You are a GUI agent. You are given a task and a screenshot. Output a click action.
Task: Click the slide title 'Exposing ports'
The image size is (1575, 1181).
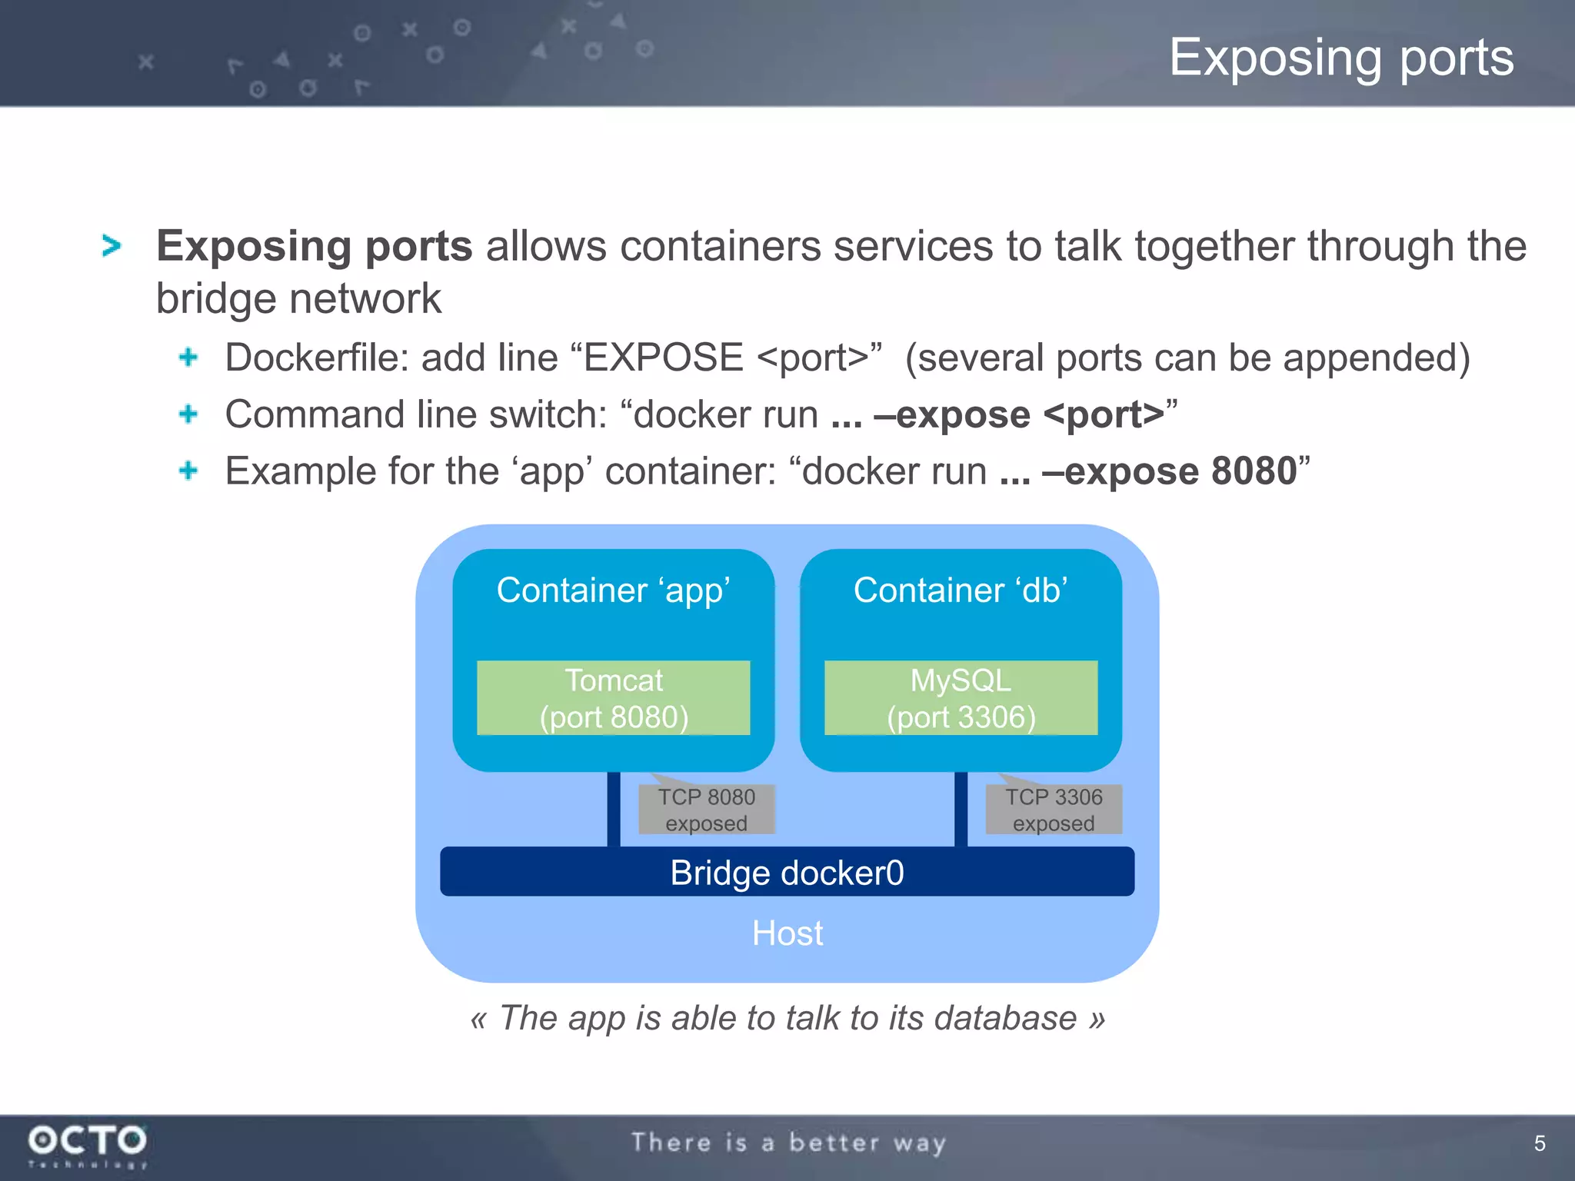point(1341,58)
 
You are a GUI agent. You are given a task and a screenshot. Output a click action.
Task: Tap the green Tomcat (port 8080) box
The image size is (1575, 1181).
point(613,697)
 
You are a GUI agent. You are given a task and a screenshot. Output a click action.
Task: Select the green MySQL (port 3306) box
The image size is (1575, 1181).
point(961,697)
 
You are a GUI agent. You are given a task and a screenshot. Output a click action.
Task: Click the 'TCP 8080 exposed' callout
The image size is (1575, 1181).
point(706,810)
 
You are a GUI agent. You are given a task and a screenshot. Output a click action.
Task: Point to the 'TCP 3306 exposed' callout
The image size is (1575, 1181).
point(1054,810)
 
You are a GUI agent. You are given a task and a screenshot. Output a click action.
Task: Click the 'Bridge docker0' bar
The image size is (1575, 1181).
point(787,872)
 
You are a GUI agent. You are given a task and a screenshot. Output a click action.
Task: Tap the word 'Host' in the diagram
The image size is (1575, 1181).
point(787,933)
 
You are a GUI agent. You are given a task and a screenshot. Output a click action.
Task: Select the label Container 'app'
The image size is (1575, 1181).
point(613,590)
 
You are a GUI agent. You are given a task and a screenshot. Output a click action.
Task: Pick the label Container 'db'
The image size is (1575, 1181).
point(961,590)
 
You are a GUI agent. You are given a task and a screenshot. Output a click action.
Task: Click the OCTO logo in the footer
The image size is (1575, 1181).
point(87,1142)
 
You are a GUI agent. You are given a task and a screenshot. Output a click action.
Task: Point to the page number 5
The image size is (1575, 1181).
point(1540,1143)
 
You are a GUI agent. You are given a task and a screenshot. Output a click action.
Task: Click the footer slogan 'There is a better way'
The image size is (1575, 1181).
point(788,1143)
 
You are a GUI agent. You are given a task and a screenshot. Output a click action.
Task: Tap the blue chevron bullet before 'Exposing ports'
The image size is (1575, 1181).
point(112,246)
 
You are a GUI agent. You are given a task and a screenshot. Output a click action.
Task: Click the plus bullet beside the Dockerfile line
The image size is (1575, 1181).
point(188,357)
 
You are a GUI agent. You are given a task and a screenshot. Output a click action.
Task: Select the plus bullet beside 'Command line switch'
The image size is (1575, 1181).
point(188,414)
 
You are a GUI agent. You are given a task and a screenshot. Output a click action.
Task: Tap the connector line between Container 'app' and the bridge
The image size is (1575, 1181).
point(614,809)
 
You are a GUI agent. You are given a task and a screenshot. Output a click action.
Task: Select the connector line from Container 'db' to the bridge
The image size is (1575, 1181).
point(961,809)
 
